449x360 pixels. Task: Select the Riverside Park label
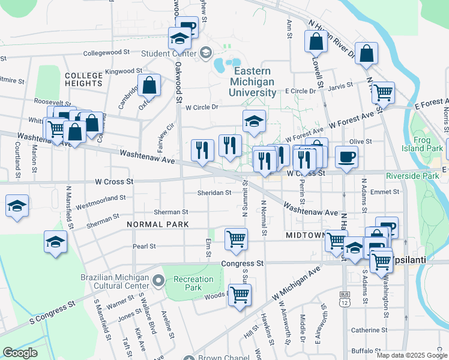click(412, 176)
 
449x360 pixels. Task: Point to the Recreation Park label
click(193, 283)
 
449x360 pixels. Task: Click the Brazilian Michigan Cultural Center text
click(114, 281)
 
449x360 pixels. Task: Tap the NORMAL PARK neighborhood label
click(158, 224)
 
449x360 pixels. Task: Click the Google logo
click(20, 352)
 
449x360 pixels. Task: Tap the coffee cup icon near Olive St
click(346, 158)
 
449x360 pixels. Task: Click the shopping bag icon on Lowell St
click(316, 42)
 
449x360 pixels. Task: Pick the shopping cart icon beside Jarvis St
click(382, 93)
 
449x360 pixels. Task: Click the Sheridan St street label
click(215, 193)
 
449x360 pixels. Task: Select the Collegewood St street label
click(107, 53)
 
